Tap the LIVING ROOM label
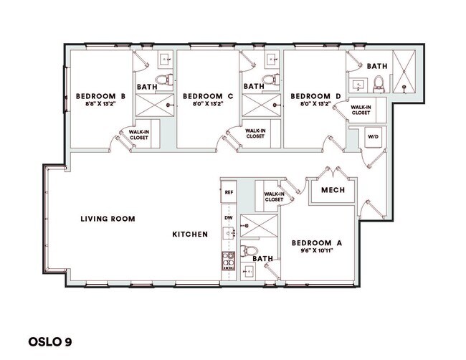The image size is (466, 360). (x=108, y=219)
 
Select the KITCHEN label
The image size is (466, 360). (x=190, y=235)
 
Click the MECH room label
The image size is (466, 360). (x=333, y=191)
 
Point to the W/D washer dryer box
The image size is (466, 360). (x=373, y=136)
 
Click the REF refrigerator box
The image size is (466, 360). (x=229, y=192)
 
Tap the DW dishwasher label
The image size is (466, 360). (x=229, y=217)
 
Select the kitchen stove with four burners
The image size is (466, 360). (x=229, y=260)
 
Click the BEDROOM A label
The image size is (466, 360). (x=317, y=243)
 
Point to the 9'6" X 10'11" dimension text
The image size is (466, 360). (x=317, y=252)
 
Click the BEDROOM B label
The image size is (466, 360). (x=102, y=96)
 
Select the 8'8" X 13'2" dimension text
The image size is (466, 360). (x=102, y=105)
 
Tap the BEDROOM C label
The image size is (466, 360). (x=209, y=96)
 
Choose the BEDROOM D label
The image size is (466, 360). (x=315, y=96)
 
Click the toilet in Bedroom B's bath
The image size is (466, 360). (x=163, y=78)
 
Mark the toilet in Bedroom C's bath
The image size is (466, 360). (x=269, y=78)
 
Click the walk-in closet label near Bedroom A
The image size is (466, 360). (x=273, y=196)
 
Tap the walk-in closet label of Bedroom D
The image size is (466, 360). (x=361, y=109)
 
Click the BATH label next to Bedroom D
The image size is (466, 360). (x=377, y=66)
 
